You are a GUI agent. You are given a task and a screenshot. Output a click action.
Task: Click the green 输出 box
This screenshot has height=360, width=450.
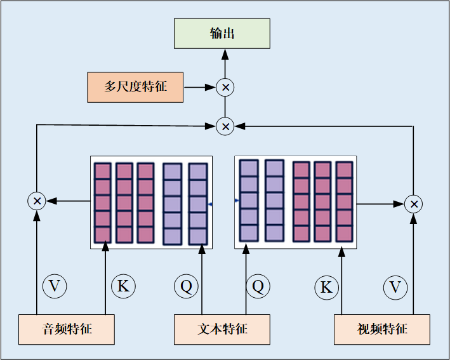(x=222, y=34)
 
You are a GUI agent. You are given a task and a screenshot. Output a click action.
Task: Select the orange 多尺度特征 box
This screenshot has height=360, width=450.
(x=135, y=87)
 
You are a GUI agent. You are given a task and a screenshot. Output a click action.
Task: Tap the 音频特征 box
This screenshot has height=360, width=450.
(x=67, y=330)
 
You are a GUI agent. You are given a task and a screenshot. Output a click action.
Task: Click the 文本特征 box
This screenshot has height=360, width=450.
(x=222, y=330)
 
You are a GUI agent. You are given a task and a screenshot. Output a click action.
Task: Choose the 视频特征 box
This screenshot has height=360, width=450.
(x=382, y=330)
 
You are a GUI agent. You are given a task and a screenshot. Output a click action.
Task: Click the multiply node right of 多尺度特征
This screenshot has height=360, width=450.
(x=225, y=87)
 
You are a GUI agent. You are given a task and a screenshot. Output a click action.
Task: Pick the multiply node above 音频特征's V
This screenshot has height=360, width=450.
(x=37, y=201)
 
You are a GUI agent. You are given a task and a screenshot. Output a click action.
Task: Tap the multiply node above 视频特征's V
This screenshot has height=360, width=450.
(x=414, y=204)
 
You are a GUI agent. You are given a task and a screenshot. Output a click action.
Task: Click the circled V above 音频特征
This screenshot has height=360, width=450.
(x=54, y=286)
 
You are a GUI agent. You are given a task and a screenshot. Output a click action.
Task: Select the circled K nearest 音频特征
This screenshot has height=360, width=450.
(x=123, y=286)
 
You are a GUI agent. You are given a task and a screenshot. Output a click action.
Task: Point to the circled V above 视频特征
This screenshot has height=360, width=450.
(x=395, y=288)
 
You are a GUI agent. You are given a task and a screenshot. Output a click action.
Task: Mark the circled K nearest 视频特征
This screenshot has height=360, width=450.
(x=326, y=288)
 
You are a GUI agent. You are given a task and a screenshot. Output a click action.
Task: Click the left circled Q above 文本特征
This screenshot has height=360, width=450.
(x=186, y=286)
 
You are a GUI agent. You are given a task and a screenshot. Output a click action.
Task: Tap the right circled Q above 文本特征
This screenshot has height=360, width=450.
(x=258, y=286)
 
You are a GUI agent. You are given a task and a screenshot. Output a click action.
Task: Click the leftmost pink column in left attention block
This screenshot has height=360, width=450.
(x=103, y=203)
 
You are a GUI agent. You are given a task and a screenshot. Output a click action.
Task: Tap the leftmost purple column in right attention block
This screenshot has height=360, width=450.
(x=249, y=201)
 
